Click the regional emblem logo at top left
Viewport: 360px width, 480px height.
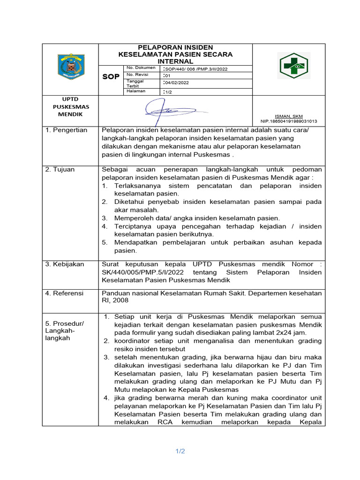click(x=70, y=66)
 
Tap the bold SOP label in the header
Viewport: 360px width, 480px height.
click(x=111, y=77)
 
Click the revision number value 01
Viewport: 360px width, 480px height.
click(x=167, y=75)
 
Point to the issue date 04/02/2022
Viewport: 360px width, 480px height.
click(x=176, y=82)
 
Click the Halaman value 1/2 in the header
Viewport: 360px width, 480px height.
click(x=168, y=92)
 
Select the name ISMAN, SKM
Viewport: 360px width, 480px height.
click(x=288, y=116)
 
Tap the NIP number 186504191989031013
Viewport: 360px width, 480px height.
click(x=288, y=121)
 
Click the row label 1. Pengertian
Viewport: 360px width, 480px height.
click(x=66, y=130)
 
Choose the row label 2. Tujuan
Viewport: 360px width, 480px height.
click(x=60, y=169)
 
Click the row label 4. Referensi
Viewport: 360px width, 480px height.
click(x=64, y=293)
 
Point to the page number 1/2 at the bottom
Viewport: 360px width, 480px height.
click(x=180, y=451)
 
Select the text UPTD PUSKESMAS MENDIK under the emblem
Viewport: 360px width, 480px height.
click(x=70, y=106)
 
